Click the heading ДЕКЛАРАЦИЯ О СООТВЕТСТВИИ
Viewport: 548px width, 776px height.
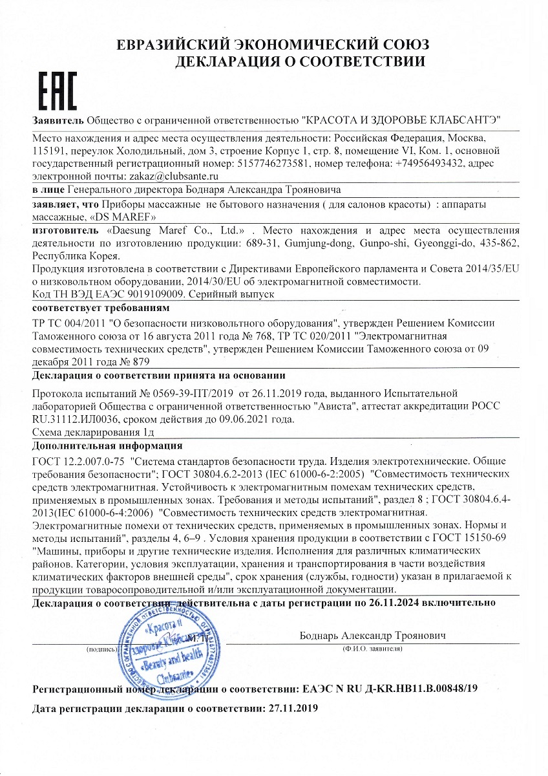click(300, 62)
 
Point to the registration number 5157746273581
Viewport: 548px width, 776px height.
click(275, 164)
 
